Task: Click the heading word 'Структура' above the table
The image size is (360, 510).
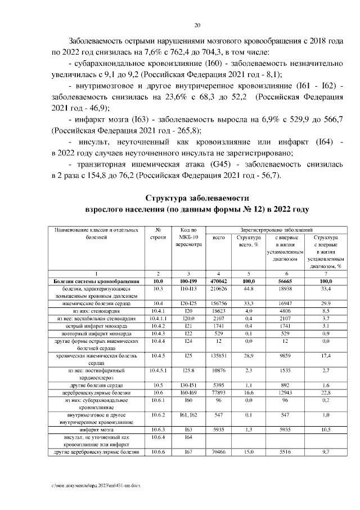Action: tap(168, 198)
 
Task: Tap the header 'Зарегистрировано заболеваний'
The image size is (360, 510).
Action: tap(276, 230)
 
